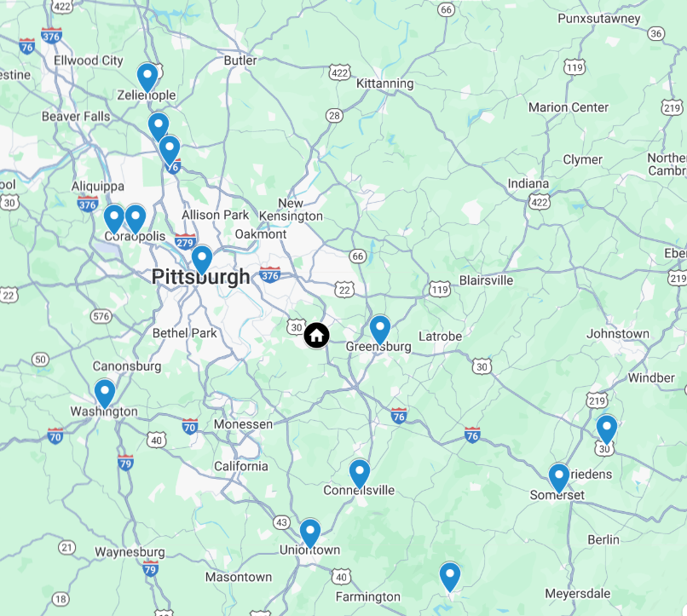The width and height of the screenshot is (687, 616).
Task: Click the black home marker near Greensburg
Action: tap(316, 335)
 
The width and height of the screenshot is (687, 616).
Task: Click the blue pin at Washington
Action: tap(104, 393)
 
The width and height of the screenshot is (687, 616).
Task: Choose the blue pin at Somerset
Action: tap(558, 477)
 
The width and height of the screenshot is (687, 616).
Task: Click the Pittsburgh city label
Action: tap(201, 277)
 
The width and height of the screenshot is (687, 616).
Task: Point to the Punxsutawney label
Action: tap(598, 18)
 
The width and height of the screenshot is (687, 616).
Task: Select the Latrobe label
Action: tap(440, 337)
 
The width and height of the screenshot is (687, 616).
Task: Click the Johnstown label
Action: tap(618, 334)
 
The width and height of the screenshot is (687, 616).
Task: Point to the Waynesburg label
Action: tap(130, 552)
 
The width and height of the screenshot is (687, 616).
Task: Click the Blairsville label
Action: tap(486, 280)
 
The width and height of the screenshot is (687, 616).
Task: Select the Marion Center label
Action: tap(569, 107)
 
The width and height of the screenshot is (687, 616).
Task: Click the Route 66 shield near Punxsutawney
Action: tap(446, 9)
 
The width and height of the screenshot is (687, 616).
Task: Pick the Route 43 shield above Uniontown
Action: tap(281, 521)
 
